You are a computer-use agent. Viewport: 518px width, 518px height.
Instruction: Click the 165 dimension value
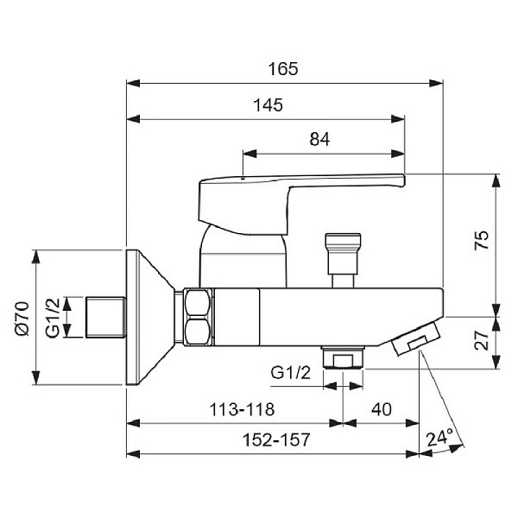(x=283, y=69)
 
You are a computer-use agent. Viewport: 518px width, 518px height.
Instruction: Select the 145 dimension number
(x=268, y=105)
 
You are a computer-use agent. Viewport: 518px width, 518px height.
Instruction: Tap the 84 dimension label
(x=319, y=139)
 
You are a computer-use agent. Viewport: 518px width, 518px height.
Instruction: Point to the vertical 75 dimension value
(x=482, y=240)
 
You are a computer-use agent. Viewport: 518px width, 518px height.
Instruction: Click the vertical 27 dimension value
(x=482, y=340)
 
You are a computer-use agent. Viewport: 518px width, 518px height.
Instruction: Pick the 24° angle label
(x=439, y=438)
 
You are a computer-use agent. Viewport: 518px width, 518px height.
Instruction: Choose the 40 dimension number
(x=382, y=409)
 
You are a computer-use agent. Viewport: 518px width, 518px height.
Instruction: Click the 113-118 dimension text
(x=242, y=409)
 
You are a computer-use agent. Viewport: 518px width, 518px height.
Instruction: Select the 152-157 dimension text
(x=276, y=439)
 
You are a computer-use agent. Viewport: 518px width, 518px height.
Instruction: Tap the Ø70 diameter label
(x=22, y=319)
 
